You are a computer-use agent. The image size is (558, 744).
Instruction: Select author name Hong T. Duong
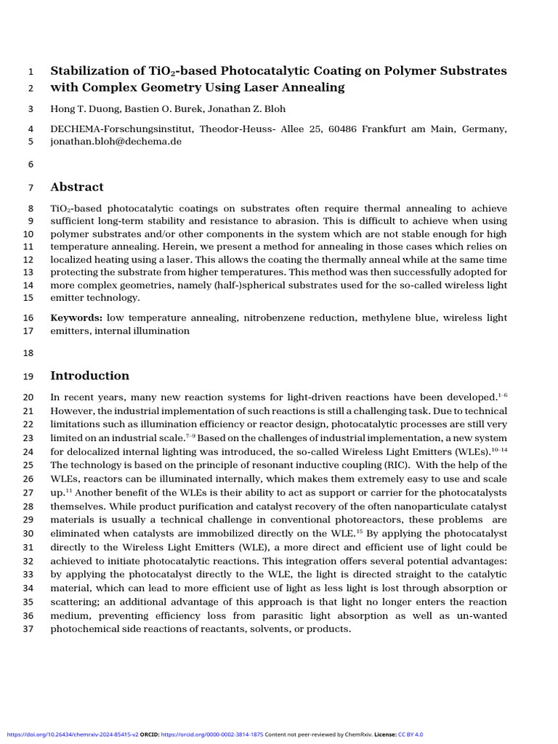click(x=81, y=109)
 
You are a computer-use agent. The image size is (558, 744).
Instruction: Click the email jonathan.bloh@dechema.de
click(x=116, y=142)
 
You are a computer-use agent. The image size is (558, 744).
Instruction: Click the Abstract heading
click(x=76, y=187)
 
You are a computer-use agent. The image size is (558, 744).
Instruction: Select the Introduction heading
click(x=89, y=376)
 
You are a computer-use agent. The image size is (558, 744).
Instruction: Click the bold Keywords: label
click(x=76, y=318)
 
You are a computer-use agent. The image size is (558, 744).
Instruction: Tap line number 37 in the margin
click(x=29, y=628)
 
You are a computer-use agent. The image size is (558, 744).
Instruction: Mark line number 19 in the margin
click(x=29, y=376)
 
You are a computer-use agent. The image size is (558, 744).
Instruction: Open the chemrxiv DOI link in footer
click(x=70, y=735)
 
